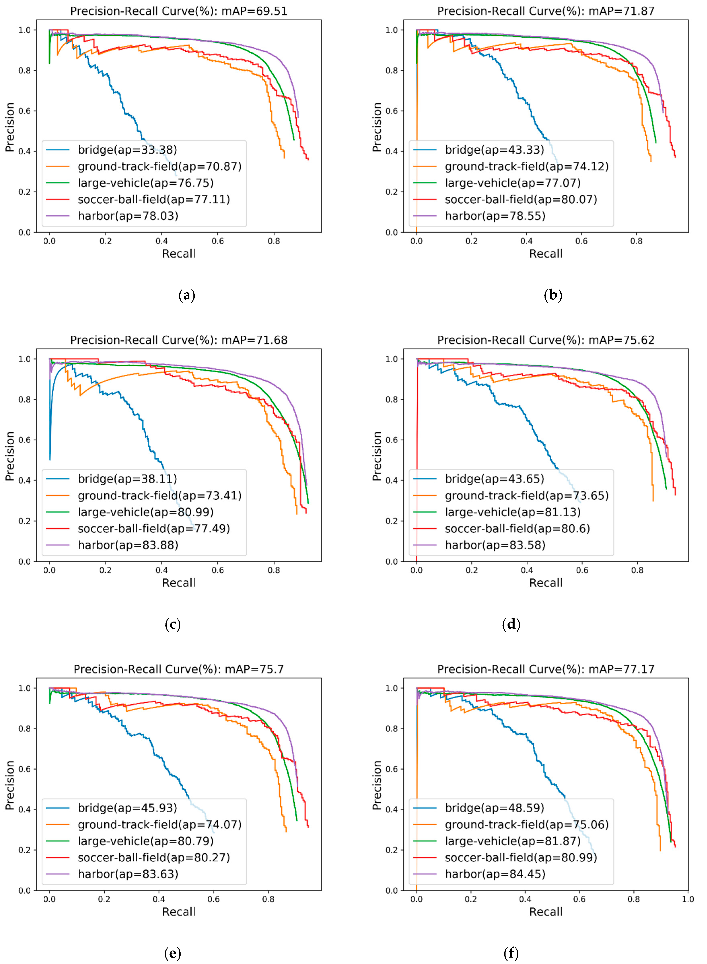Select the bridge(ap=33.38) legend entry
127,150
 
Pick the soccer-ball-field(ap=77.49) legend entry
154,528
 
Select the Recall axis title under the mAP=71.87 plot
546,254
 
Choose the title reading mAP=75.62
546,340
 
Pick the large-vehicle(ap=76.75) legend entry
146,183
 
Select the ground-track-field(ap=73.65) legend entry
526,495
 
